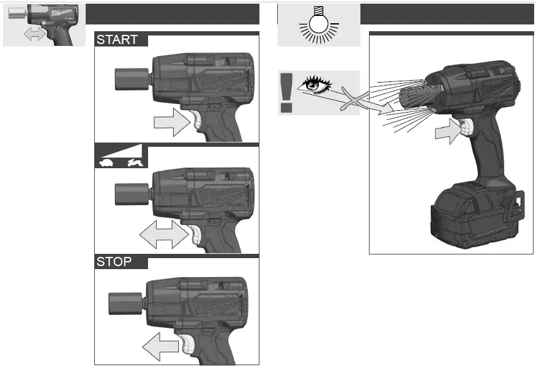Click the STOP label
[x=114, y=262]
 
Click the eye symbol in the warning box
[x=318, y=84]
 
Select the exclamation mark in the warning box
[x=286, y=92]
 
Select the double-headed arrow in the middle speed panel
[x=163, y=235]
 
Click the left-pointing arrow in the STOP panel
[x=160, y=347]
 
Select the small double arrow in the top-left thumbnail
[x=35, y=35]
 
